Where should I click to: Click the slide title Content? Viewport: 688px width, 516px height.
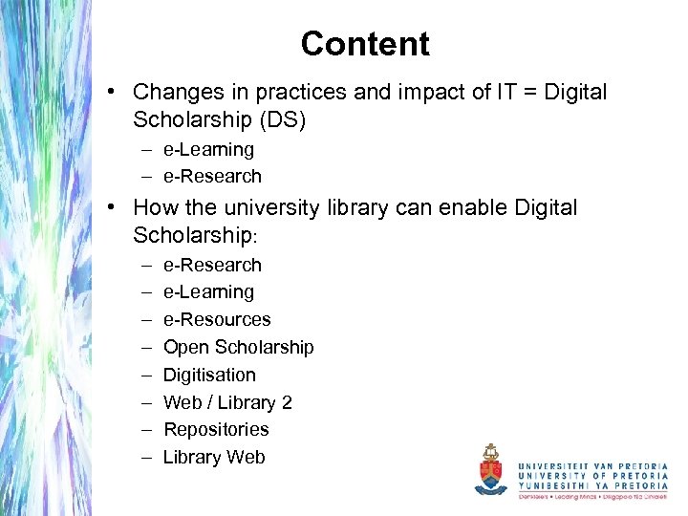click(x=364, y=44)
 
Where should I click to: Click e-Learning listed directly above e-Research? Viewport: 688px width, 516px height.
click(x=208, y=149)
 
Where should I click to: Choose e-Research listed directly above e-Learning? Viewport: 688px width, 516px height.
click(x=212, y=265)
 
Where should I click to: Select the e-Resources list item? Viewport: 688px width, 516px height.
click(x=217, y=319)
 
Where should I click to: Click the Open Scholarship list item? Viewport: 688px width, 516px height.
click(x=238, y=347)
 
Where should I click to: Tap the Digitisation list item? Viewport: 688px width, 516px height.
click(x=209, y=375)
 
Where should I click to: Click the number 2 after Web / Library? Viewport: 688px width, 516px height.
click(x=287, y=402)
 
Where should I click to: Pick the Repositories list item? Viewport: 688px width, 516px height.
click(x=216, y=429)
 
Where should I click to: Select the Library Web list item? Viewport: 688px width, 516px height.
click(x=214, y=457)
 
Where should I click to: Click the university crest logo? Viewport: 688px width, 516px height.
click(x=492, y=468)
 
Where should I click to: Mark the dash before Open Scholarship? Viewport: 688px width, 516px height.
click(x=147, y=347)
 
